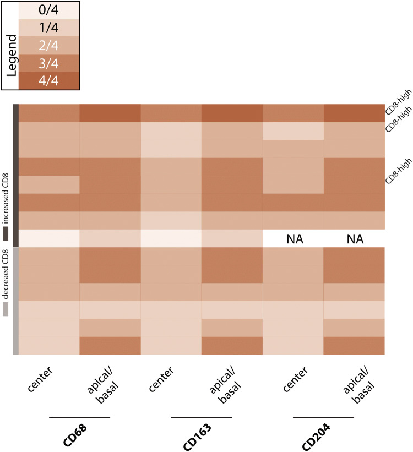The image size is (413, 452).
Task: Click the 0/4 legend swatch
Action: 49,10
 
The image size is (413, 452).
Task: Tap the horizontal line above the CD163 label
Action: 202,418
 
